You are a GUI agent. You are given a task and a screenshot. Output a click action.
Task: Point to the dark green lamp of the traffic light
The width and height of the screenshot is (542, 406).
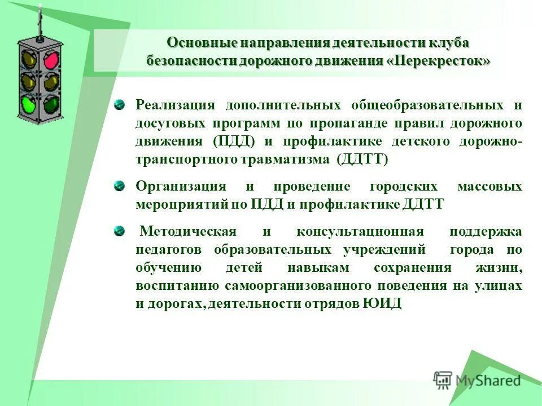pos(51,103)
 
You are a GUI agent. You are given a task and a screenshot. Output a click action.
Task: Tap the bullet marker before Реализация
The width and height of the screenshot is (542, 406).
pos(119,105)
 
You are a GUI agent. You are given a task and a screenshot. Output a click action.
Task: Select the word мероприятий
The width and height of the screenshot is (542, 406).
pos(181,204)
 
